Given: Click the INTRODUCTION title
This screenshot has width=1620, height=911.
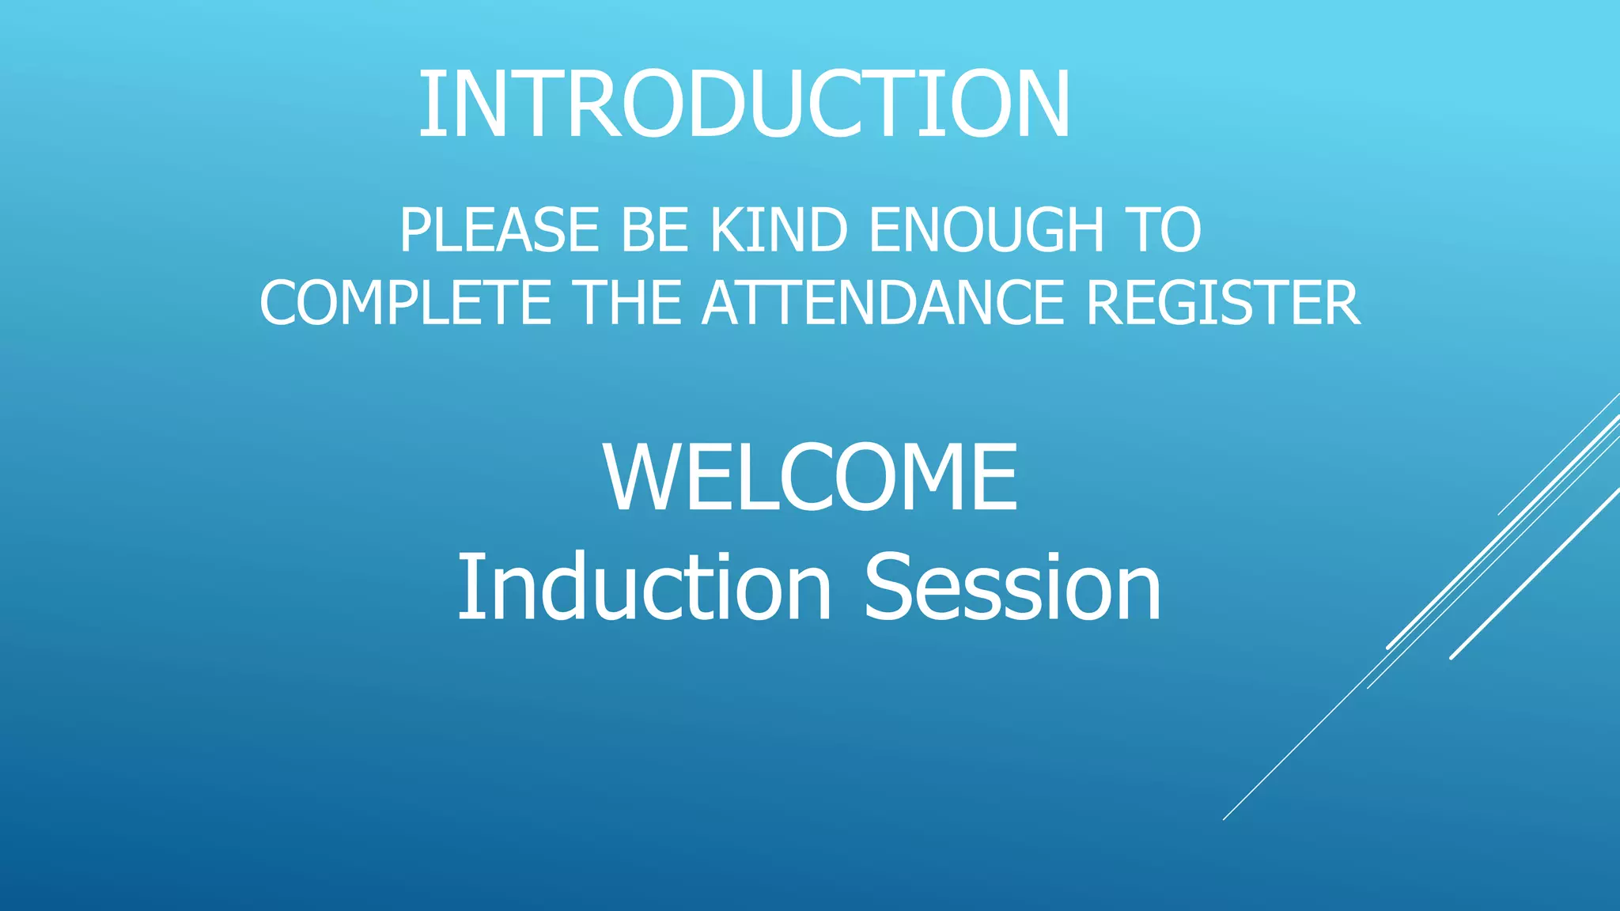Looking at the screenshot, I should tap(744, 104).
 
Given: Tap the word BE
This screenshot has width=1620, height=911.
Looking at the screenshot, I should tap(654, 230).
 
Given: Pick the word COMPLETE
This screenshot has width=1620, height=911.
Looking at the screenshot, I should tap(405, 303).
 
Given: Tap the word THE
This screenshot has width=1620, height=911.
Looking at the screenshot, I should tap(627, 303).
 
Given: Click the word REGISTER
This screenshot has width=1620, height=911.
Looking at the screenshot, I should tap(1223, 303).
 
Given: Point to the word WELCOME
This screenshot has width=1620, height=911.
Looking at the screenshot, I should tap(810, 478).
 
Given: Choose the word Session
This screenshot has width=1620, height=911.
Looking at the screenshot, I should tap(1012, 587).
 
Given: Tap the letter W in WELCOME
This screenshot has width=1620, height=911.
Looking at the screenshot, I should tap(642, 478).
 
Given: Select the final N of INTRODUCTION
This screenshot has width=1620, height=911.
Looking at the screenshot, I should tap(1035, 104).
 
